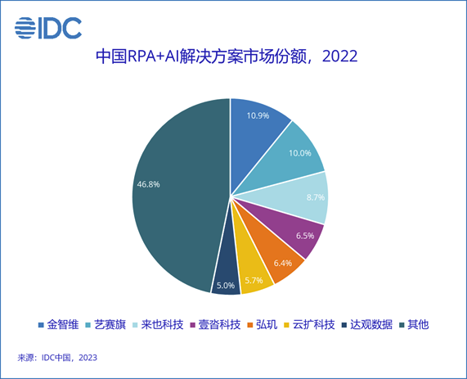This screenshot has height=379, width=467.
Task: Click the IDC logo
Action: click(48, 27)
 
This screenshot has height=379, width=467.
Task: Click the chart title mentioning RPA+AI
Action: click(227, 58)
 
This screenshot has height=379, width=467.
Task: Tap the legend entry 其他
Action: click(417, 324)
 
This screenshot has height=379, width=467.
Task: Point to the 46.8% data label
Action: click(148, 184)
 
